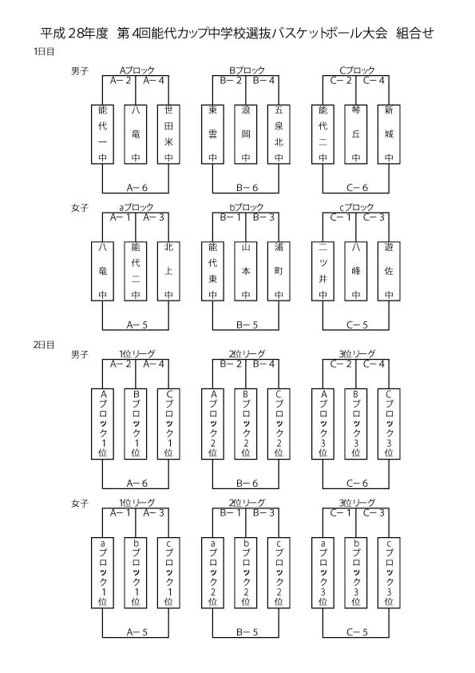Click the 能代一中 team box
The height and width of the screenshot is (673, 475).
pos(102,134)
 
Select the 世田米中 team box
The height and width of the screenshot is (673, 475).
pos(168,134)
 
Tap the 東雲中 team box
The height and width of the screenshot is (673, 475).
pos(212,134)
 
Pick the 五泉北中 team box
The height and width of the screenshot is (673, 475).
pos(279,134)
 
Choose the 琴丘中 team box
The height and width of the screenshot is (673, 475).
pos(356,134)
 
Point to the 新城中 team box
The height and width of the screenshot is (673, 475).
pos(389,134)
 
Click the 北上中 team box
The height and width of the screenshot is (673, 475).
pos(168,271)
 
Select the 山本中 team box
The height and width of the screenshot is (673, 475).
pos(246,271)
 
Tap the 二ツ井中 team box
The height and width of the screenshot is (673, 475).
pos(323,271)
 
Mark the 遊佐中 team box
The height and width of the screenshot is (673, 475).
pos(389,271)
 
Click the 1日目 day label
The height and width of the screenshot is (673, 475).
pos(44,52)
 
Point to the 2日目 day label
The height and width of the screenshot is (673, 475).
pos(44,344)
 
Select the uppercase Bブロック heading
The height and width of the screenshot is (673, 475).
pos(247,70)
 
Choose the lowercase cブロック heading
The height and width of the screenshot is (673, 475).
pos(357,208)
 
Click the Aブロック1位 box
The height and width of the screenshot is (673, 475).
pos(102,424)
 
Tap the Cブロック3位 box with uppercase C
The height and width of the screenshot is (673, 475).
pos(389,424)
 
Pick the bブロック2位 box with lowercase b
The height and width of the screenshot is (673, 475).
pos(246,573)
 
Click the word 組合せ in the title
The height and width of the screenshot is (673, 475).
pos(415,33)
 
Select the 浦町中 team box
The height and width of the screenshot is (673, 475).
pos(279,271)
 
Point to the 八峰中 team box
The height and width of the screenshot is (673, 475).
pos(356,271)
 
